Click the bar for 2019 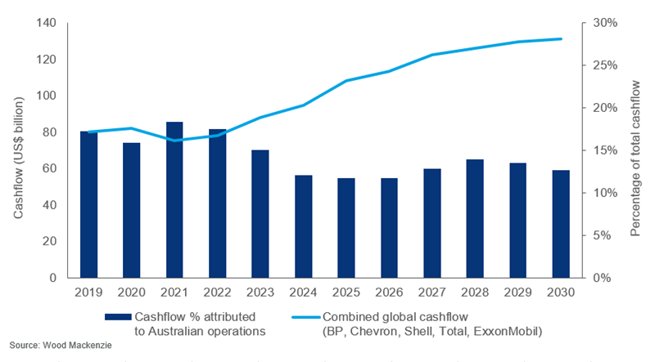tap(88, 204)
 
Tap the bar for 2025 tap(346, 228)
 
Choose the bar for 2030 tap(561, 224)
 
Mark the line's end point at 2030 tap(561, 39)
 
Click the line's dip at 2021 tap(174, 141)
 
